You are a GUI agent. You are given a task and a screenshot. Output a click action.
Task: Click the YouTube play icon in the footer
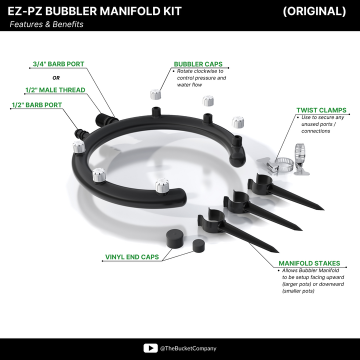[x=150, y=348]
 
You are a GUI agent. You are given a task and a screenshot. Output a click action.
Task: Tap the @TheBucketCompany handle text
[x=188, y=348]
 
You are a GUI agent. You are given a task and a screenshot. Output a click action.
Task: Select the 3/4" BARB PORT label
[x=58, y=64]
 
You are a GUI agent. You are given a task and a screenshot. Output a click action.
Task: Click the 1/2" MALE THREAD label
[x=55, y=90]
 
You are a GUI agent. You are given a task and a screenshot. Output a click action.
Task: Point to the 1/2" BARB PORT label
[x=37, y=105]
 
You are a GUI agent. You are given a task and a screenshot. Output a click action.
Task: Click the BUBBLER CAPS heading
[x=198, y=64]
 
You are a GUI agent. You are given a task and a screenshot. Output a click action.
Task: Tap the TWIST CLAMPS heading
[x=321, y=110]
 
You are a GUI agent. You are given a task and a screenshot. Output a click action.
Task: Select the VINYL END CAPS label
[x=132, y=257]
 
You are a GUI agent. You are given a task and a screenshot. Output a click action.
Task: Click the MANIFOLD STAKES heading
[x=309, y=263]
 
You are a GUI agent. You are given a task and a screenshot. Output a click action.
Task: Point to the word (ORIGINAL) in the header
[x=314, y=11]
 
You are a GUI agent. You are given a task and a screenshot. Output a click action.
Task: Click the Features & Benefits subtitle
[x=46, y=24]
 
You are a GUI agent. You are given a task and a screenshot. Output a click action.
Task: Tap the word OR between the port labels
[x=56, y=78]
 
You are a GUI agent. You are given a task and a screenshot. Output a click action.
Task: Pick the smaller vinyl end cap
[x=198, y=245]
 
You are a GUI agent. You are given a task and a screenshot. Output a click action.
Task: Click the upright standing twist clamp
[x=300, y=159]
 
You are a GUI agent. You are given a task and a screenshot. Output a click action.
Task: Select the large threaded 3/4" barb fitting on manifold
[x=106, y=119]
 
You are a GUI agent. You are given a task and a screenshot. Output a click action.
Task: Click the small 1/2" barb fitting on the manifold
[x=81, y=134]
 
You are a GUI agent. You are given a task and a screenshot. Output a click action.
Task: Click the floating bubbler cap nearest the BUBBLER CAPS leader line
[x=155, y=94]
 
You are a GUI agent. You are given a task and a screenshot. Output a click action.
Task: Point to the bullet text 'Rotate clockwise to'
[x=200, y=71]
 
